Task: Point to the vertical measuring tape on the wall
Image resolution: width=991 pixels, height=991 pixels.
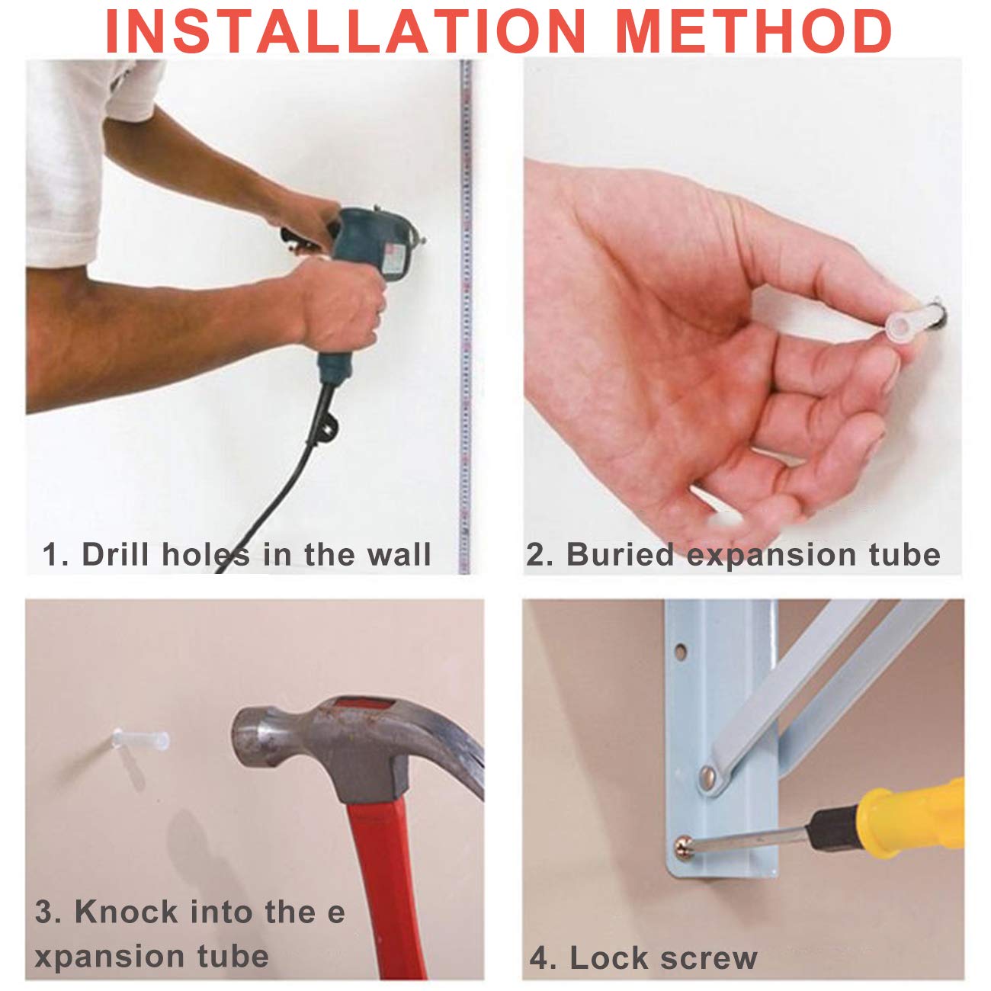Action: point(465,316)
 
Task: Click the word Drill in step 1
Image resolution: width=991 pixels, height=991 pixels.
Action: point(116,554)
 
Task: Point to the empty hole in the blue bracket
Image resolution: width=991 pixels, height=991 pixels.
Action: point(682,651)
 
